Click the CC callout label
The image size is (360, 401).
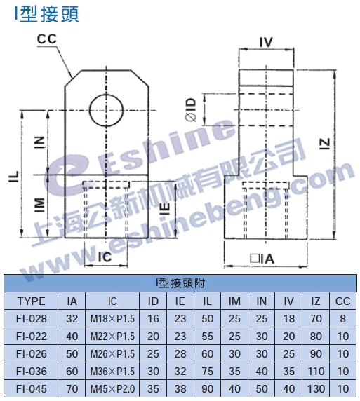coord(46,39)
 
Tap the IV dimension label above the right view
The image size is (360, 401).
coord(266,43)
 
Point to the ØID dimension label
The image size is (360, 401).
coord(191,109)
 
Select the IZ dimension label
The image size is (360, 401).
coord(325,144)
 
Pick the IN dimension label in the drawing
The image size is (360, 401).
coord(40,142)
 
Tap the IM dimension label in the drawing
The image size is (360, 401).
coord(40,205)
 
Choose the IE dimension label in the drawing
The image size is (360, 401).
coord(166,209)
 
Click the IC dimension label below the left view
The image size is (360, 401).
coord(105,257)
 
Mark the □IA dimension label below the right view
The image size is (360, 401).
coord(262,259)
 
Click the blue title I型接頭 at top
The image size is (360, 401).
coord(47,15)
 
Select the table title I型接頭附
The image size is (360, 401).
coord(180,283)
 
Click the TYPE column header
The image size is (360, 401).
coord(32,301)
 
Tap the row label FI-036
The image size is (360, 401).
coord(32,372)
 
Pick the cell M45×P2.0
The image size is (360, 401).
coord(112,389)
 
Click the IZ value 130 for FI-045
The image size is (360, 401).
coord(316,389)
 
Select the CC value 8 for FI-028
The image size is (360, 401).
coord(343,319)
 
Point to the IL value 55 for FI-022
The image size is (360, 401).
coord(207,337)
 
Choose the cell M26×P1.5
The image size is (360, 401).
coord(112,354)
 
